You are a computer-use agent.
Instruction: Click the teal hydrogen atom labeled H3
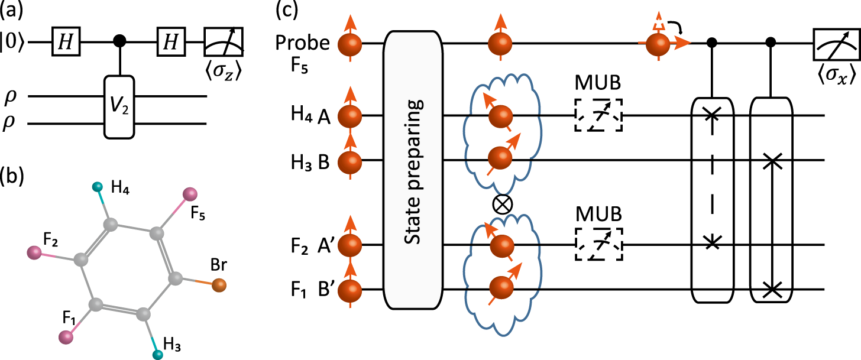pyautogui.click(x=158, y=355)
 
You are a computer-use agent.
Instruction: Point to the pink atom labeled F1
pyautogui.click(x=66, y=337)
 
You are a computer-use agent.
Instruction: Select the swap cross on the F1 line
pyautogui.click(x=770, y=289)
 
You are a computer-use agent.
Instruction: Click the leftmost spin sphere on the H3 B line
pyautogui.click(x=349, y=160)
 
